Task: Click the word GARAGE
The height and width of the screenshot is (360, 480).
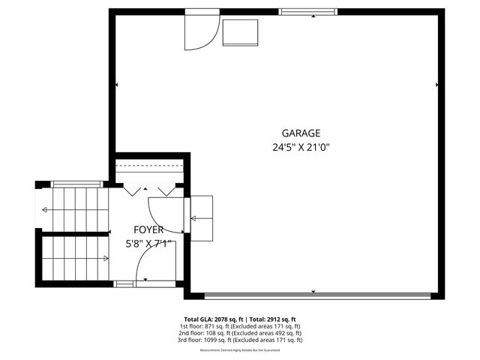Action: tap(301, 133)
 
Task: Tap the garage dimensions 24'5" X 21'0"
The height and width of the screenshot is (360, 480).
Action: tap(301, 148)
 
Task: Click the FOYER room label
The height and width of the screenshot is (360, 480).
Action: tap(148, 229)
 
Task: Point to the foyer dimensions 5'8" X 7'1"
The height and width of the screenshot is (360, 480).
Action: tap(148, 243)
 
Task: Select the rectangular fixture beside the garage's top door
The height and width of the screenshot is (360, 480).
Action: tap(240, 32)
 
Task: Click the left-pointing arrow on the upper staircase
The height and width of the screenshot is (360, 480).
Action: tap(46, 209)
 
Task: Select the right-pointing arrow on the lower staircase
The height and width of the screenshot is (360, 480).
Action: tap(105, 259)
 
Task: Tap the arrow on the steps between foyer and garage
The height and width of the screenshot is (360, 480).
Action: tap(197, 218)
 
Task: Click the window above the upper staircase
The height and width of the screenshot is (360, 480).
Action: tap(76, 183)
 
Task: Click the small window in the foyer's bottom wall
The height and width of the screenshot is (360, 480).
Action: tap(125, 283)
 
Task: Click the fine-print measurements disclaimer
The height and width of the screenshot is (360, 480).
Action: tap(239, 350)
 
